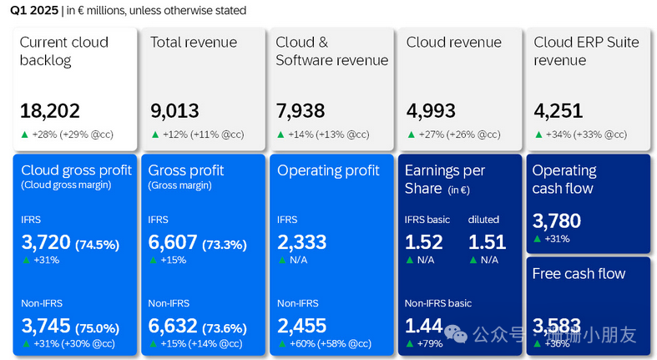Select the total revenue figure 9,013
[175, 110]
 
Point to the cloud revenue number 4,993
[432, 110]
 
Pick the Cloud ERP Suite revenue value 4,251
[558, 110]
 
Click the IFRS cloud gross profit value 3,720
[45, 243]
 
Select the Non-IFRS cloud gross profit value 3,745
[45, 326]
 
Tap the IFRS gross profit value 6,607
[173, 243]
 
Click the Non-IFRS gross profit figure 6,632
[173, 326]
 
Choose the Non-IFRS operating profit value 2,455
[301, 326]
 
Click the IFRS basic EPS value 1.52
[423, 243]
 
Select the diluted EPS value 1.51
[487, 243]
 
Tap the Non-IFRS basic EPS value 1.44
[423, 326]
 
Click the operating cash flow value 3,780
[556, 221]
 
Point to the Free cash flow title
[579, 274]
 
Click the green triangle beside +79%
[409, 343]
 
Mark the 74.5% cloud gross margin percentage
[97, 245]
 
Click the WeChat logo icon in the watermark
[456, 334]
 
